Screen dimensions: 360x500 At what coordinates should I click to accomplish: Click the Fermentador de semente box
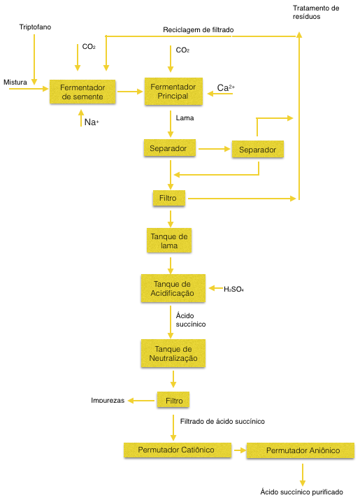point(82,92)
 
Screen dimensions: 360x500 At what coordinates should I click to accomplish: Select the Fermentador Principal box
point(173,91)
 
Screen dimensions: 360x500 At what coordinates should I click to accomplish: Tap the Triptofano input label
point(35,27)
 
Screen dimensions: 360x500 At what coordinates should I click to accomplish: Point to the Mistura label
point(15,83)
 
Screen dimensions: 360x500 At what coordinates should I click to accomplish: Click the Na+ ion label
point(92,122)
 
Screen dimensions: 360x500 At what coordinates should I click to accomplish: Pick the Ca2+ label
point(226,87)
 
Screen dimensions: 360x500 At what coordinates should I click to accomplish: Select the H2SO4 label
point(233,290)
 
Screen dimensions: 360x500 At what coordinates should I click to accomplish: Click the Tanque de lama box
point(169,241)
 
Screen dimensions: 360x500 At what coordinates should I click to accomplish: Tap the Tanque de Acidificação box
point(173,288)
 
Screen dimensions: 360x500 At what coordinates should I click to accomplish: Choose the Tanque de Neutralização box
point(173,353)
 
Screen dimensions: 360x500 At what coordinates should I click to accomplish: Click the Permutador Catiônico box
point(178,450)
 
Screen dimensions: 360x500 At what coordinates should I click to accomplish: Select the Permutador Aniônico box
point(301,450)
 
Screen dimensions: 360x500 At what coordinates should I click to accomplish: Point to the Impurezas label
point(108,401)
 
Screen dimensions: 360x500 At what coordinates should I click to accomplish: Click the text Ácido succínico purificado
point(302,492)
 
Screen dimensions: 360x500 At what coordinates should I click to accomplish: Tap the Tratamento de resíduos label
point(316,13)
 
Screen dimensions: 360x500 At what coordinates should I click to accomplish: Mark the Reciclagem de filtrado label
point(199,29)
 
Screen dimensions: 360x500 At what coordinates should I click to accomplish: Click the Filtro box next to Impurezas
point(173,400)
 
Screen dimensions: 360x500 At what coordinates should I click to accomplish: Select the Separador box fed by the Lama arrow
point(170,148)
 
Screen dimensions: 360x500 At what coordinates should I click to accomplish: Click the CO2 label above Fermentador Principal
point(182,50)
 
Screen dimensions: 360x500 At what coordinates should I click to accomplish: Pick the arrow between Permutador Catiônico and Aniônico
point(240,450)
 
